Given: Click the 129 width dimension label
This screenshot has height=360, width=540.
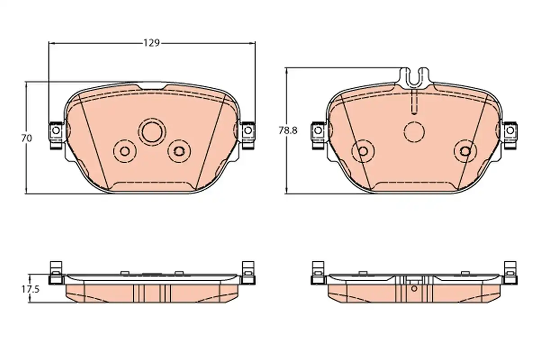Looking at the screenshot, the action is [152, 43].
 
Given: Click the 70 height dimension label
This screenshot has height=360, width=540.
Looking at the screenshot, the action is [27, 139].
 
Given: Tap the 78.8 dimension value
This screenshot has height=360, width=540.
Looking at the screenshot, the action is [288, 130].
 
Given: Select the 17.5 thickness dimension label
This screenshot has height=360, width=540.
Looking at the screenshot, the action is [31, 289].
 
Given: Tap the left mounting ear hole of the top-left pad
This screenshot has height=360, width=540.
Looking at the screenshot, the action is [56, 130].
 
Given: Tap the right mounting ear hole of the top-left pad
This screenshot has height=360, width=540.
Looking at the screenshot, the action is [248, 130].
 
